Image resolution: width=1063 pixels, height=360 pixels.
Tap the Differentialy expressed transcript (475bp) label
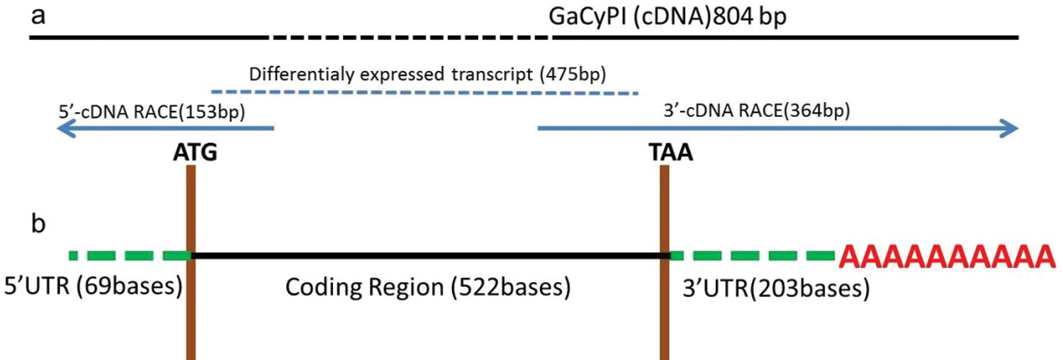coord(428,74)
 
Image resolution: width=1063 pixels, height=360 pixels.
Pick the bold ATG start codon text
coord(194,153)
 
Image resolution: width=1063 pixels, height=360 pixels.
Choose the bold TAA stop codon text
coord(670,153)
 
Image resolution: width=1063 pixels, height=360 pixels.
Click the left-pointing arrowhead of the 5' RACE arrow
coord(66,129)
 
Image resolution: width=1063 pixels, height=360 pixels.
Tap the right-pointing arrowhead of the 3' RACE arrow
coord(1009,129)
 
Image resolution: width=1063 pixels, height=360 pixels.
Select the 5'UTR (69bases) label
coord(93,286)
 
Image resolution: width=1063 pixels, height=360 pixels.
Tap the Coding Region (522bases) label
coord(427,287)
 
